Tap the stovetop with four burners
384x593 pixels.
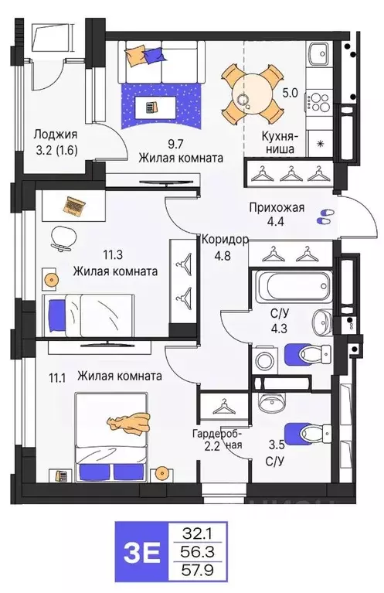[319, 101]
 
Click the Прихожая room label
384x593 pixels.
[277, 207]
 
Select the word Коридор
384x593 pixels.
[224, 239]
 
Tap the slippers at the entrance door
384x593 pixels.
[325, 217]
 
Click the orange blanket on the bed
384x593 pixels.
[127, 421]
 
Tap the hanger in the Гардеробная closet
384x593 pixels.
[223, 405]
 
